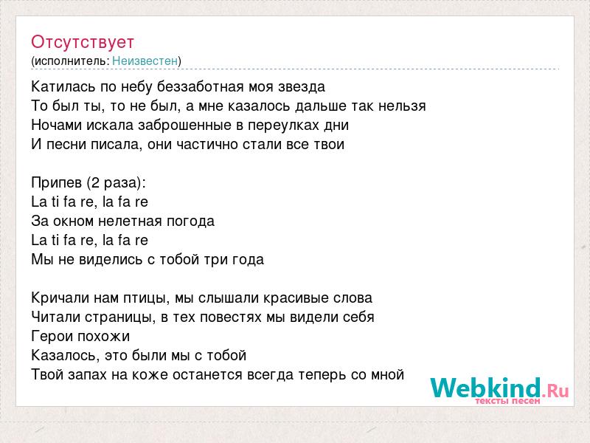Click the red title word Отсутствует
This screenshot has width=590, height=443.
point(83,42)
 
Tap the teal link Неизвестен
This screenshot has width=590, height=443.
point(145,61)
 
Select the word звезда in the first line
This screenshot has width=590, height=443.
point(302,87)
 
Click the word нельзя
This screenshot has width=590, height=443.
point(402,106)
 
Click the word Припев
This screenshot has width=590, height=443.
point(57,183)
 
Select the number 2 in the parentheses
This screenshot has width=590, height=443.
point(95,183)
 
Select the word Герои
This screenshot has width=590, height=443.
point(52,337)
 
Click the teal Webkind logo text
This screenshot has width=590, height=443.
point(486,388)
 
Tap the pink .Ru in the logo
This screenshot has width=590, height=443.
point(555,391)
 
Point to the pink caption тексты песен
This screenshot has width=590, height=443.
point(507,401)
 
